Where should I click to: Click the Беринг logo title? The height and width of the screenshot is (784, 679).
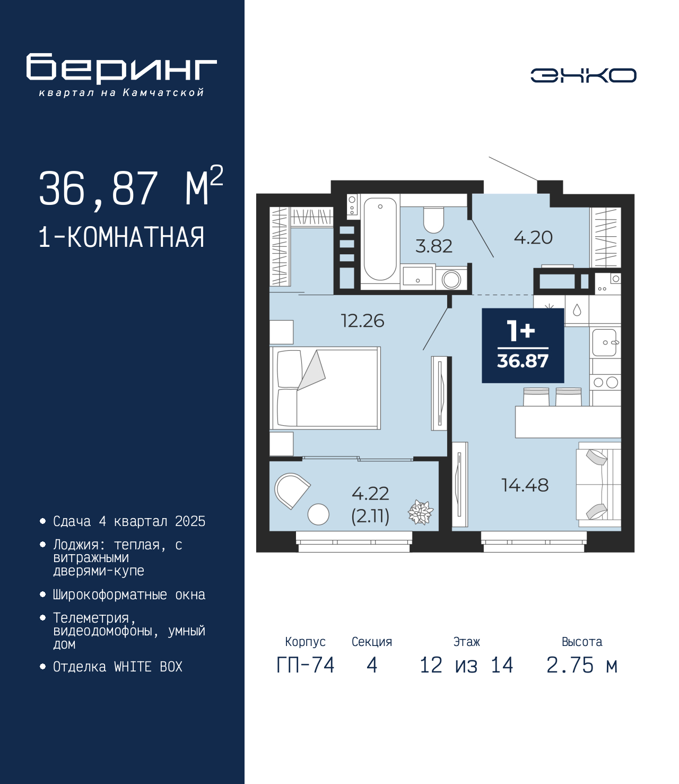[121, 68]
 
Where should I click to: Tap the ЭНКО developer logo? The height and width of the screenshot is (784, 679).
[583, 75]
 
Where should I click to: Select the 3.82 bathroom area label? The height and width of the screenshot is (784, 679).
[434, 246]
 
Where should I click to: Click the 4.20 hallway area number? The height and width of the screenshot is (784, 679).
[533, 238]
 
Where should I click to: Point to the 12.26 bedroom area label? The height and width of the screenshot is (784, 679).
[362, 321]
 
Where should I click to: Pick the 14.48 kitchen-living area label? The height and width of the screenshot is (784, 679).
[525, 485]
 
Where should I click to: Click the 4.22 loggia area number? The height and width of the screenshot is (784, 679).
[370, 494]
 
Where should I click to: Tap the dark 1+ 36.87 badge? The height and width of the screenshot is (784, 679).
[523, 346]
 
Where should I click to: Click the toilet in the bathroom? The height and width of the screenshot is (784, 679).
[433, 220]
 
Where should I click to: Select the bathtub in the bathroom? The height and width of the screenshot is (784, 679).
[380, 239]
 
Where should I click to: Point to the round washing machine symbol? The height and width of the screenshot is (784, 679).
[451, 280]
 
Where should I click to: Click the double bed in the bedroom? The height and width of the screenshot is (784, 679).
[325, 388]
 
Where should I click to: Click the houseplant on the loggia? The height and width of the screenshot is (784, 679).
[421, 512]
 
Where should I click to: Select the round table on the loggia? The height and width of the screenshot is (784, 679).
[318, 514]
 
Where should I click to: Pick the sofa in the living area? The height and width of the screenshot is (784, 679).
[598, 485]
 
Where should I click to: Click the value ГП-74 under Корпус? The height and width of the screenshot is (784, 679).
[305, 665]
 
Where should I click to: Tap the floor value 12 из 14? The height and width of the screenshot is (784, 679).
[466, 665]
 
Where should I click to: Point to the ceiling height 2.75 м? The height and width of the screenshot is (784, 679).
[582, 665]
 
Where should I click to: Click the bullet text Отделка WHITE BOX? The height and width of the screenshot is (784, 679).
[118, 666]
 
